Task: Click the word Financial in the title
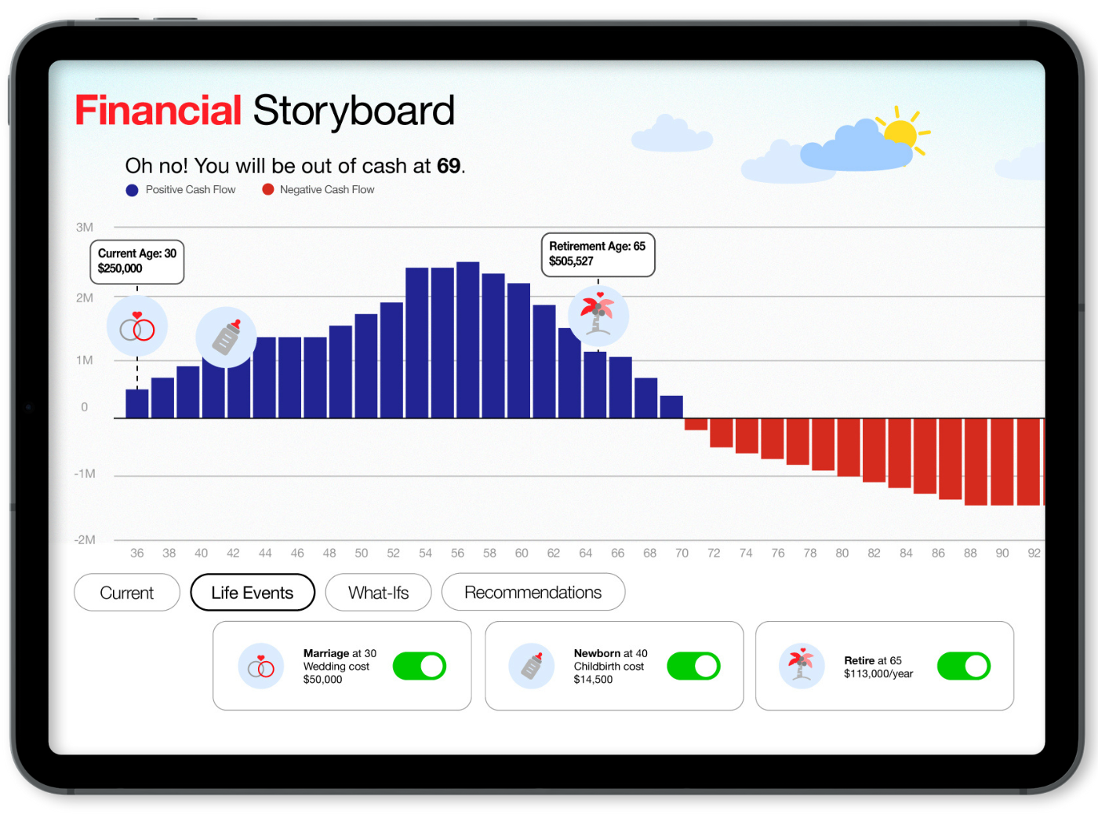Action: tap(158, 110)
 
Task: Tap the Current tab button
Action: tap(127, 592)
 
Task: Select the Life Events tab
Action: tap(253, 592)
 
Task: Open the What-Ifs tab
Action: tap(378, 592)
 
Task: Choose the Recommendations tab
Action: tap(533, 592)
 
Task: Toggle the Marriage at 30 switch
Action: tap(420, 666)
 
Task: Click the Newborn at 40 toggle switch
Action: tap(693, 666)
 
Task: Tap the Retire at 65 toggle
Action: tap(963, 666)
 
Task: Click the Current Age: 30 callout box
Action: tap(137, 261)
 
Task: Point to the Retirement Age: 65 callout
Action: tap(598, 254)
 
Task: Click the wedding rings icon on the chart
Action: tap(137, 326)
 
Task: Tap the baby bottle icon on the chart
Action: tap(226, 337)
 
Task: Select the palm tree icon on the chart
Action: tap(598, 316)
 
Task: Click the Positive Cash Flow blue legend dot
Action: tap(132, 190)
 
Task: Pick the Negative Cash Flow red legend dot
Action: tap(267, 189)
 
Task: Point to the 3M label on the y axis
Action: tap(84, 227)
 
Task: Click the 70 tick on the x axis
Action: tap(682, 553)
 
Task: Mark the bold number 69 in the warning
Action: tap(449, 166)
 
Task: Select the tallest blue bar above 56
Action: tap(467, 340)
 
